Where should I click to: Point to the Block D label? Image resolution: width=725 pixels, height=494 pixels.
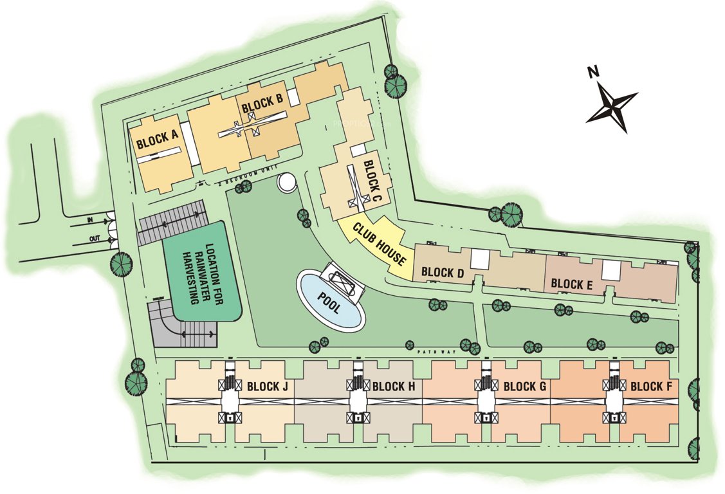[443, 272]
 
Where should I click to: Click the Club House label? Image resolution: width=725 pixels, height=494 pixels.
[380, 243]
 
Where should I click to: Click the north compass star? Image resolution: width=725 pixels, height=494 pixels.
[612, 105]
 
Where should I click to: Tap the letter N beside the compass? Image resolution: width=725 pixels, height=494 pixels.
[593, 73]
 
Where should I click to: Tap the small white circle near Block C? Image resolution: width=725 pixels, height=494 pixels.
[288, 182]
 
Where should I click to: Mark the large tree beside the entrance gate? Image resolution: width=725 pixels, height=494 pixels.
[121, 262]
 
